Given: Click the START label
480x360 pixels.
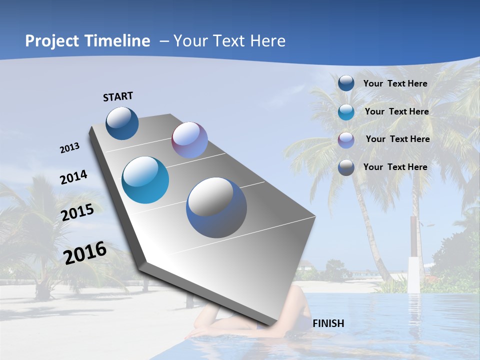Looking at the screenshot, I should [x=118, y=96].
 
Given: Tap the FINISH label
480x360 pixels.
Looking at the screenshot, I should [x=328, y=323].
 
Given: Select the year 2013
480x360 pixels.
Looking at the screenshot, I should [x=69, y=148].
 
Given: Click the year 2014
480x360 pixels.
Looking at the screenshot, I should [x=73, y=177].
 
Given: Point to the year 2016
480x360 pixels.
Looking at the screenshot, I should [x=85, y=253].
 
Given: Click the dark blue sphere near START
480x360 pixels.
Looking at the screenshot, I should [x=122, y=123].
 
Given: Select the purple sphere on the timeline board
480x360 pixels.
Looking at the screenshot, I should [x=189, y=140].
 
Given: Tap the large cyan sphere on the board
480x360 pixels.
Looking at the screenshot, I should [x=145, y=180].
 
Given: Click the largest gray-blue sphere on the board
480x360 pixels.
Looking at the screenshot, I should [x=216, y=207].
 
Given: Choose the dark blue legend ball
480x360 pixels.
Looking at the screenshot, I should [x=346, y=83].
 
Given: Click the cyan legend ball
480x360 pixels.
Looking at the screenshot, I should [x=346, y=112].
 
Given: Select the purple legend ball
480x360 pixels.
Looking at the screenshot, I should [x=346, y=139].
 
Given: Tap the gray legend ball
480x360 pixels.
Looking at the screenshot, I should [x=346, y=167].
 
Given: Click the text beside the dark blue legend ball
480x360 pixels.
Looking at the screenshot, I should [x=395, y=83].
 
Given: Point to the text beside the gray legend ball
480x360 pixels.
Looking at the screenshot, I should [x=395, y=167].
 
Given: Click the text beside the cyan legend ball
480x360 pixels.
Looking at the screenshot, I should [x=396, y=111].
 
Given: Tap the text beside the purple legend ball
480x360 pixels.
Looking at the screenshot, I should [x=397, y=139].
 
